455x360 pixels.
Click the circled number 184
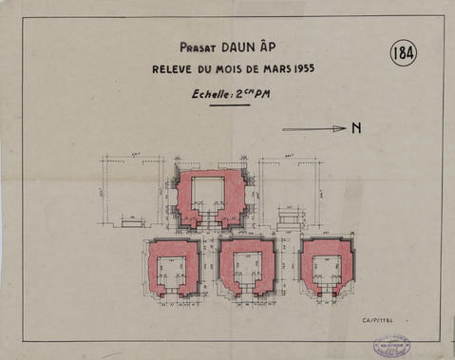(403, 54)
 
